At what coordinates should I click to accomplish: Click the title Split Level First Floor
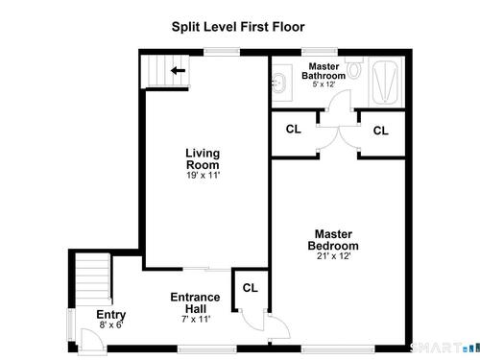point(238,27)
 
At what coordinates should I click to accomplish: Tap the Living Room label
point(203,159)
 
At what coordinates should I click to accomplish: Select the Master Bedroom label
point(333,240)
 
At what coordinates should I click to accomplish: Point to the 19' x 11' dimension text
point(203,175)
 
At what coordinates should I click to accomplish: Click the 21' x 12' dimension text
point(334,256)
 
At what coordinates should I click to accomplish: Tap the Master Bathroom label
point(324,71)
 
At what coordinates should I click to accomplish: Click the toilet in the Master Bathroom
point(354,67)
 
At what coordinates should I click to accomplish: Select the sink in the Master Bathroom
point(279,84)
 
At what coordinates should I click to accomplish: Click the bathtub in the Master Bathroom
point(387,82)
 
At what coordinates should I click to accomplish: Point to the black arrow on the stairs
point(178,70)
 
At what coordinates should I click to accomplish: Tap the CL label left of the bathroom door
point(294,130)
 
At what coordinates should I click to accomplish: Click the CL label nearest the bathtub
point(381,131)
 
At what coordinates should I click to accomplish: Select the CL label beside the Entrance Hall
point(251,288)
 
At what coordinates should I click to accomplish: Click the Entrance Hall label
point(195,303)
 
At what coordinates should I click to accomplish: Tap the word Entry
point(111,315)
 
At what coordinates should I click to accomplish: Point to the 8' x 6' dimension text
point(111,325)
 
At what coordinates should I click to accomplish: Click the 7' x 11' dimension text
point(196,319)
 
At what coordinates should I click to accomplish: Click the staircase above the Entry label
point(93,279)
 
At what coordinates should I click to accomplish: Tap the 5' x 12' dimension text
point(324,84)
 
